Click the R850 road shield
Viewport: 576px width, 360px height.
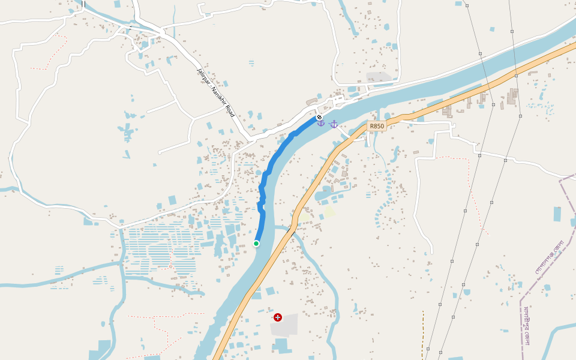376,126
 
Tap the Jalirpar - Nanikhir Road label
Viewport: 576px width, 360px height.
215,92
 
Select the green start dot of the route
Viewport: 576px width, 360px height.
256,243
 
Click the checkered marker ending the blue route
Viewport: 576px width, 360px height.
320,117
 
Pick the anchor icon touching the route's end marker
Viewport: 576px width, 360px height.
321,123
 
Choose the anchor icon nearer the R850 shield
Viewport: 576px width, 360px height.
334,124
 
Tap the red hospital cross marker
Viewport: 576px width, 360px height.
278,317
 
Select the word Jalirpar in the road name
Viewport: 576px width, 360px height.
202,76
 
